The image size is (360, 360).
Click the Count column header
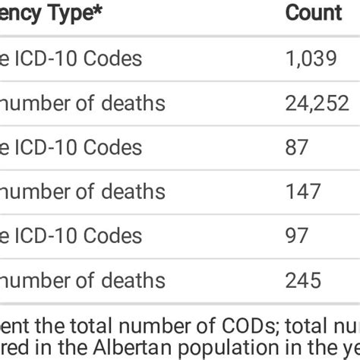[313, 13]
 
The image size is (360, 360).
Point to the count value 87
[296, 147]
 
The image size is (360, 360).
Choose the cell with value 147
[302, 191]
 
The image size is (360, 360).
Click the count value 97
[296, 235]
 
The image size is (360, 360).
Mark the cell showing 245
[302, 280]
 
